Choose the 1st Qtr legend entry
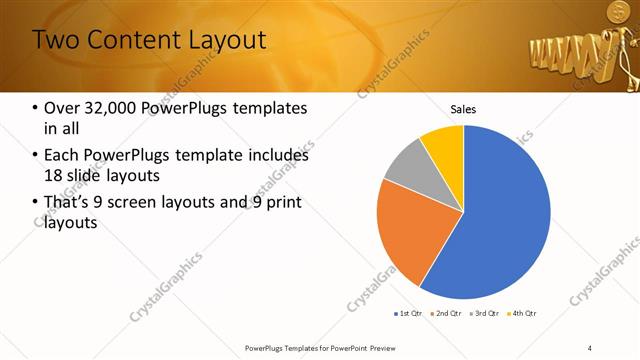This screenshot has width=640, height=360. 410,314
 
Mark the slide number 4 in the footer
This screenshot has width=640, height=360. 590,347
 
